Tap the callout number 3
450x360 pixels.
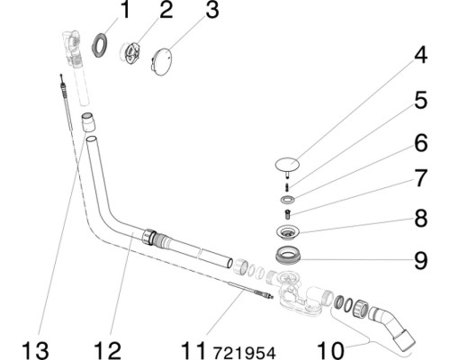212,10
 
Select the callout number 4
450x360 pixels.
420,55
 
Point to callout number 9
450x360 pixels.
420,261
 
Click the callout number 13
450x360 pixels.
35,351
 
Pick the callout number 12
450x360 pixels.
107,351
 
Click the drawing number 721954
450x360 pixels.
244,353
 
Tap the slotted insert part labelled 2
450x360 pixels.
130,53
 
